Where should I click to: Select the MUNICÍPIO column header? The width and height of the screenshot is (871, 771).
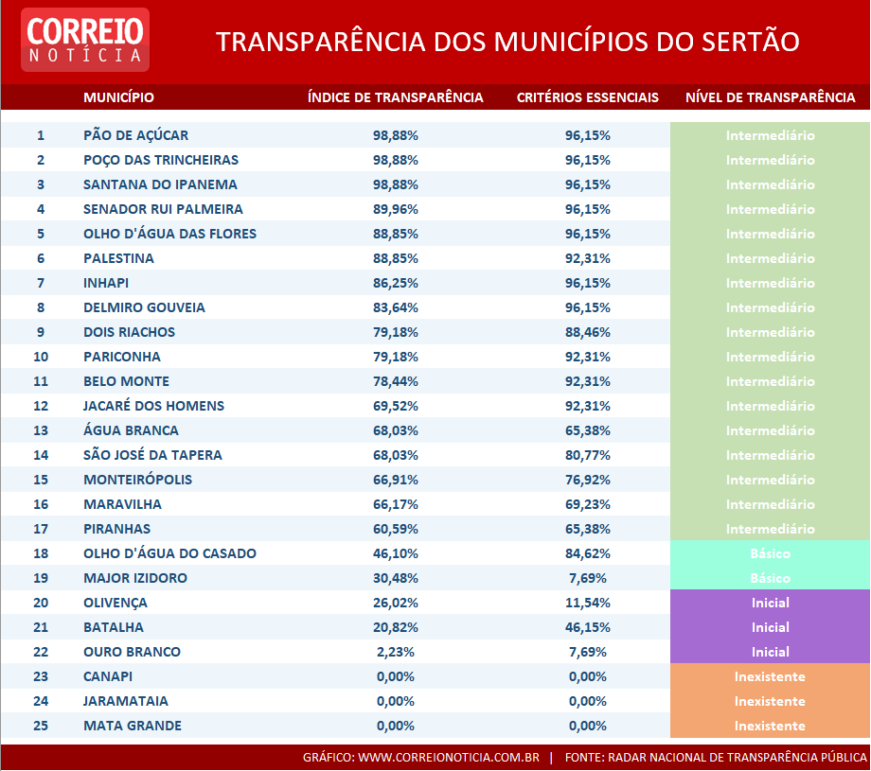[118, 97]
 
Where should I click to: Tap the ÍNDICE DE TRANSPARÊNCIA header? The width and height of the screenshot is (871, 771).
[396, 97]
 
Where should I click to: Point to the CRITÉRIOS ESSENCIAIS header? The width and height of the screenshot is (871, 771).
[588, 97]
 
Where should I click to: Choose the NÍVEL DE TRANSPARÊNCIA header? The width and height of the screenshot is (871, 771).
[770, 97]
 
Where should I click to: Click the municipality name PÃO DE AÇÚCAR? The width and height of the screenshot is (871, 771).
[135, 135]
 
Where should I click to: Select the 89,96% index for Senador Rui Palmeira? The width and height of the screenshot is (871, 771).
[396, 209]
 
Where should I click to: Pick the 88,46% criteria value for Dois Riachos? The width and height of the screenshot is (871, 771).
[588, 332]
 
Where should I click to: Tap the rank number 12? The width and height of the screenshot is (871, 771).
[41, 406]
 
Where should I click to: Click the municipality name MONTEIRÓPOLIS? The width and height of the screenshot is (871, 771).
[137, 480]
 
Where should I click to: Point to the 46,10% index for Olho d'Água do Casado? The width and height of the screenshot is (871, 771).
[396, 553]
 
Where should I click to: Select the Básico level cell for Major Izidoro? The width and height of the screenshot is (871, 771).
[770, 578]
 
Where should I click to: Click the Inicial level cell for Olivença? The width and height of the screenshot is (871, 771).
[770, 603]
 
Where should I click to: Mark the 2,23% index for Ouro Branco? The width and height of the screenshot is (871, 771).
[396, 652]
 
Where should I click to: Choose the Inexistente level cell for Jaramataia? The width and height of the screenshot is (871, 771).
[770, 701]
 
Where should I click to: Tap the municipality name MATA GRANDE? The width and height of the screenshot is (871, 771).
[133, 726]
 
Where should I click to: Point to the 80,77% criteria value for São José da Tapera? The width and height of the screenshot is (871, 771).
[588, 455]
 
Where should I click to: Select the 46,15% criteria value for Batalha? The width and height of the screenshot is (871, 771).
[588, 627]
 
